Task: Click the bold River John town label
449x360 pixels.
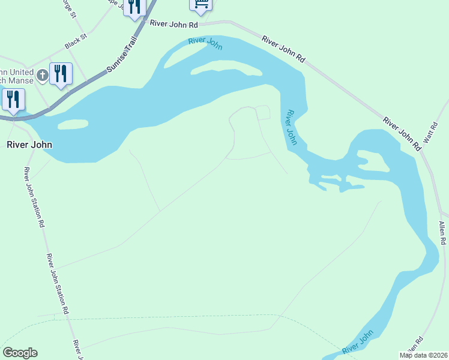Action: (29, 145)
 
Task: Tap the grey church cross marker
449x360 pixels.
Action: (42, 75)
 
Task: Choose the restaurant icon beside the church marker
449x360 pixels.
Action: (61, 74)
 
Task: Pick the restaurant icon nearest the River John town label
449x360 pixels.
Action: (13, 100)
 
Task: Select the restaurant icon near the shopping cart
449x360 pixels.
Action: (134, 8)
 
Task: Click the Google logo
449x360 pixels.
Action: (20, 353)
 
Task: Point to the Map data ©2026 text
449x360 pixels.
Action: (423, 355)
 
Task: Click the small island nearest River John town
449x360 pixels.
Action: (73, 124)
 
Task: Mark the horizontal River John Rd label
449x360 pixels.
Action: (174, 25)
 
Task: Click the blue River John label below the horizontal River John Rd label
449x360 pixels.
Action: (205, 43)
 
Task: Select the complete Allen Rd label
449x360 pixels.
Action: (442, 233)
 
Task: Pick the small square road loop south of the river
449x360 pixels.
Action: (263, 112)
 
